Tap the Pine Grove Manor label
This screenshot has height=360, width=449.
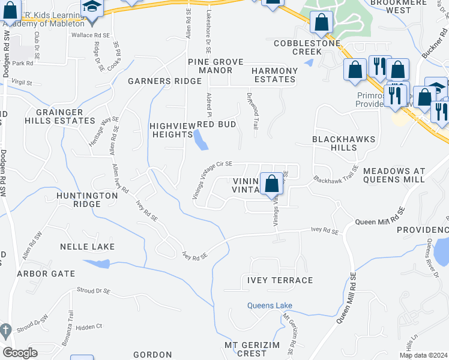point(210,66)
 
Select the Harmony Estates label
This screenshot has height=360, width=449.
point(275,75)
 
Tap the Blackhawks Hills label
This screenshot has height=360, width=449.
point(343,143)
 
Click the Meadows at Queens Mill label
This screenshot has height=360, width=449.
point(394,175)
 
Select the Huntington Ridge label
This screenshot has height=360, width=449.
point(87,200)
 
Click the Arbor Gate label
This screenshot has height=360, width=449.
point(46,274)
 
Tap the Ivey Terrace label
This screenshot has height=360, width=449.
point(276,280)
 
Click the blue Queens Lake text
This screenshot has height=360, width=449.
point(270,305)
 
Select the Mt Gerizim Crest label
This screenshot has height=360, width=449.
point(245,349)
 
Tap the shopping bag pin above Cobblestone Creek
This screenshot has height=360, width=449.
point(322,22)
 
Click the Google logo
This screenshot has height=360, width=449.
point(20,353)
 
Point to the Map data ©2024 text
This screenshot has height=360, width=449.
point(423,355)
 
